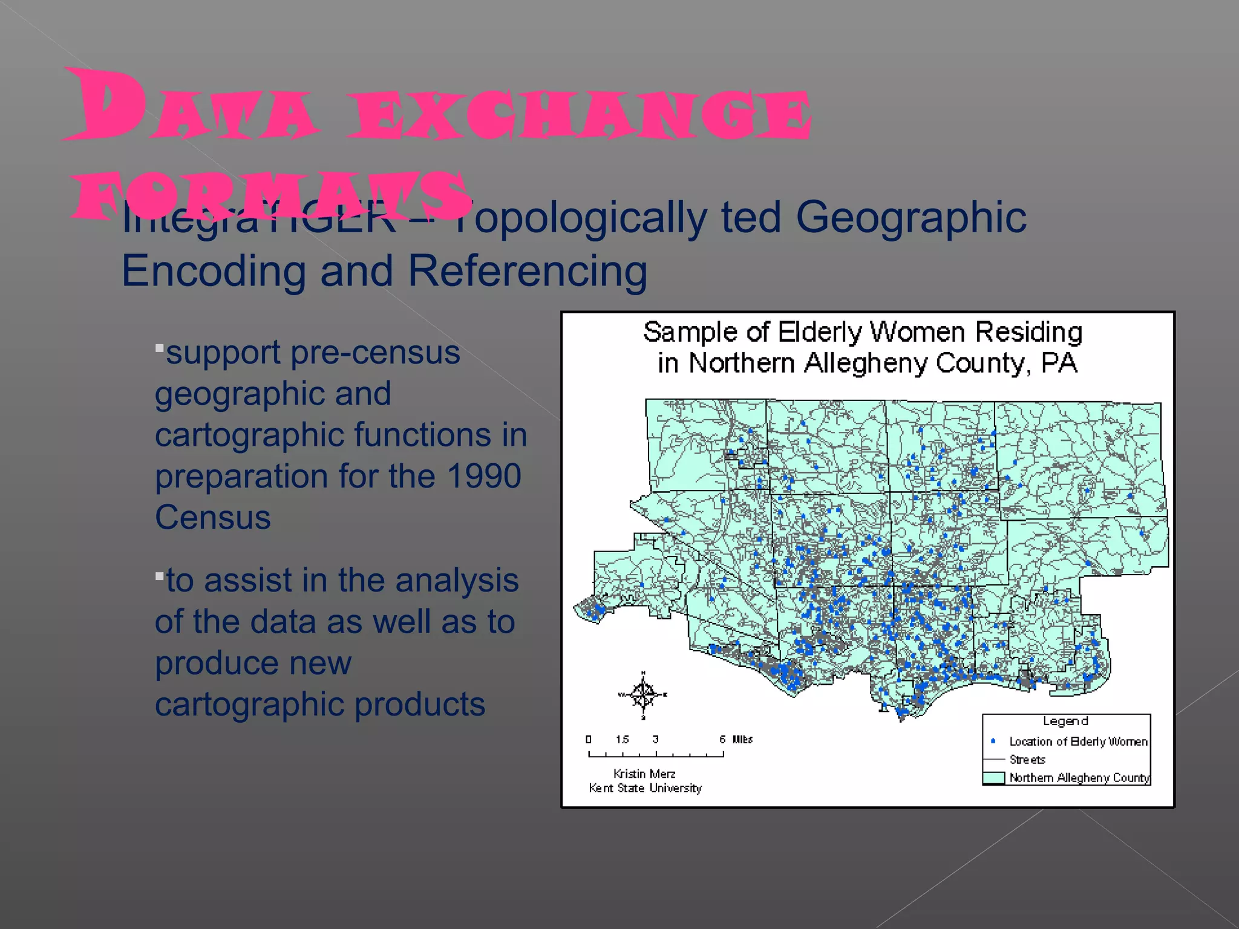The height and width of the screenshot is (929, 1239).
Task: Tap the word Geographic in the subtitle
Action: click(x=910, y=217)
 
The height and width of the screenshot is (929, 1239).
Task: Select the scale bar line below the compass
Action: click(x=656, y=754)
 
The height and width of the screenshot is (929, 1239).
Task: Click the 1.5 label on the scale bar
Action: click(x=622, y=739)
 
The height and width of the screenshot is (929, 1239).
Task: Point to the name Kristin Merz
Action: click(x=644, y=774)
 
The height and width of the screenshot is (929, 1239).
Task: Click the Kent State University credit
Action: click(x=646, y=788)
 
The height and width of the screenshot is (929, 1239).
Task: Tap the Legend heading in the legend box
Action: click(x=1065, y=721)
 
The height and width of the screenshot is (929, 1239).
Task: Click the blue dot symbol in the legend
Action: click(x=993, y=741)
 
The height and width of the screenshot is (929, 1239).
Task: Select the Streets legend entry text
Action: click(x=1027, y=760)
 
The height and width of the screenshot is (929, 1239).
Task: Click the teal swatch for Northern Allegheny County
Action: click(x=993, y=778)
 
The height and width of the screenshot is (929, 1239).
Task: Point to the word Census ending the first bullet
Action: click(x=213, y=518)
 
